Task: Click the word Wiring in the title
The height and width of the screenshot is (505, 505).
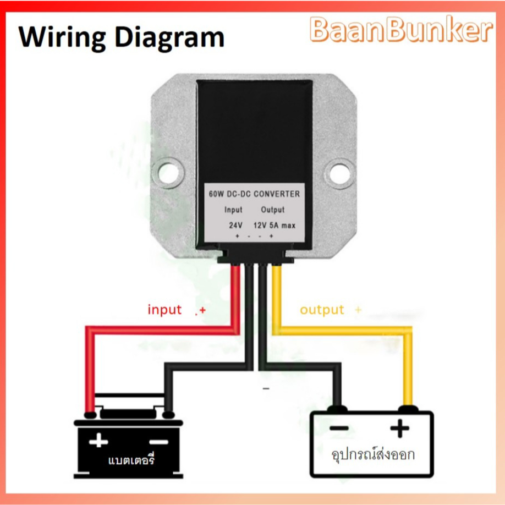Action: click(x=62, y=39)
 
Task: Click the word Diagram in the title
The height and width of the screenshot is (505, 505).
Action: click(x=169, y=39)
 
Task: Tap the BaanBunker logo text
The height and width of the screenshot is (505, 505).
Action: click(x=401, y=30)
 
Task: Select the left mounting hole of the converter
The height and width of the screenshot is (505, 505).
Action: click(x=168, y=173)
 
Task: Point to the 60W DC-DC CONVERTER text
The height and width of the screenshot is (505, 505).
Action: click(x=254, y=194)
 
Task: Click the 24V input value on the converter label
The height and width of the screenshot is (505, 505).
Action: click(x=236, y=225)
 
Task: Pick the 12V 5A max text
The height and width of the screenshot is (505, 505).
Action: click(x=275, y=225)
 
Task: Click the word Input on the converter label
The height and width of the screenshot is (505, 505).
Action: click(x=233, y=210)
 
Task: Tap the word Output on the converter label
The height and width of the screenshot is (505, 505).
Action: click(x=272, y=210)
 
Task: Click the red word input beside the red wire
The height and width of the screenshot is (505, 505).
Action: click(x=164, y=310)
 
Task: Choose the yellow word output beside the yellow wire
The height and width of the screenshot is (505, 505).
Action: click(x=322, y=310)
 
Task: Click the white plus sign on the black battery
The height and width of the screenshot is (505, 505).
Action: click(x=98, y=440)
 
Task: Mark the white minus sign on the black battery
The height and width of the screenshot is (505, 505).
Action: click(x=158, y=442)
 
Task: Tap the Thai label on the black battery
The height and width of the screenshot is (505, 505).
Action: click(x=131, y=459)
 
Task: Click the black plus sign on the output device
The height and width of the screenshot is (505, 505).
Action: click(x=400, y=429)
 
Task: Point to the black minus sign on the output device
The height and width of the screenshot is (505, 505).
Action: click(x=339, y=429)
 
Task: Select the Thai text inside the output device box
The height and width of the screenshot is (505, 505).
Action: click(x=373, y=454)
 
